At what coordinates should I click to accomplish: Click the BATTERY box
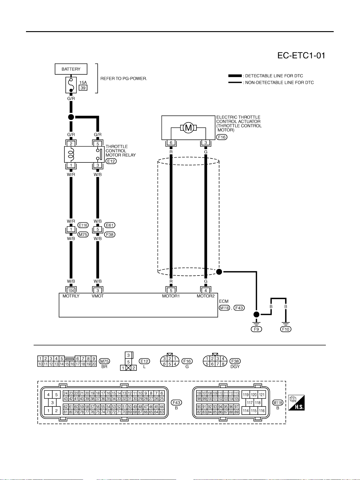click(x=71, y=69)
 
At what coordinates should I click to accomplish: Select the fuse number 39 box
click(x=83, y=88)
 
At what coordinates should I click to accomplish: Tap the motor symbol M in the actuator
click(x=188, y=128)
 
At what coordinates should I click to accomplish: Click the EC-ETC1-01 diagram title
click(x=301, y=56)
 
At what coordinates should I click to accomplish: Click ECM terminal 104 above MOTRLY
click(x=71, y=290)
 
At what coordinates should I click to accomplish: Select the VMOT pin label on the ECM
click(x=98, y=296)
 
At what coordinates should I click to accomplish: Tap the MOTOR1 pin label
click(x=171, y=296)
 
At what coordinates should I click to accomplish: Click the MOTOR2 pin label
click(x=206, y=296)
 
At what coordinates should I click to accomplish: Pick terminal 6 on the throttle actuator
click(x=171, y=142)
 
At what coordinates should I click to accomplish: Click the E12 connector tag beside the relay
click(x=111, y=161)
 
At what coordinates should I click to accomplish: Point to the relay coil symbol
click(x=71, y=154)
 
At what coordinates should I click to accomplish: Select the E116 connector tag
click(x=83, y=225)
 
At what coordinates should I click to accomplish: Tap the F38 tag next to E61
click(x=110, y=234)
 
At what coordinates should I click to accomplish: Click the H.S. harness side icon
click(x=297, y=403)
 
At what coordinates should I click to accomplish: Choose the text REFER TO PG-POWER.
click(x=124, y=79)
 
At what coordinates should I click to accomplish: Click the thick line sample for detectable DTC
click(x=235, y=76)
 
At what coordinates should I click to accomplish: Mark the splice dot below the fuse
click(x=71, y=117)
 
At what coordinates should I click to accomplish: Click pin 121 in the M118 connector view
click(x=262, y=395)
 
